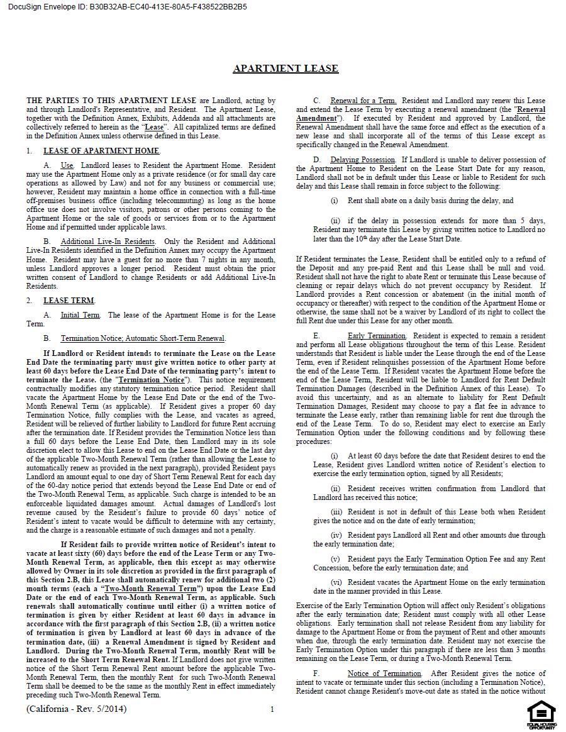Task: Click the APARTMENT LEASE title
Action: click(x=286, y=69)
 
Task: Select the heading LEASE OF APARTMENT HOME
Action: click(x=101, y=151)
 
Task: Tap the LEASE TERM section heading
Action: click(x=69, y=301)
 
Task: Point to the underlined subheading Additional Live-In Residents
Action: click(x=108, y=241)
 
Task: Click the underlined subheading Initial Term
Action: click(x=80, y=315)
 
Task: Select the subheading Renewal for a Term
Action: click(x=363, y=101)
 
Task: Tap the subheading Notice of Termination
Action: click(x=384, y=674)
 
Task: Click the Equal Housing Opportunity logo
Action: click(x=541, y=715)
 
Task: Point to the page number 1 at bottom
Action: click(x=272, y=709)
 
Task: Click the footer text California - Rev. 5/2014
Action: click(x=76, y=709)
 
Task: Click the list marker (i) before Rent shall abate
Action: click(x=335, y=201)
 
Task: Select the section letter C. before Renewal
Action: click(x=316, y=101)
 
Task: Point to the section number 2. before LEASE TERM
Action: click(x=30, y=301)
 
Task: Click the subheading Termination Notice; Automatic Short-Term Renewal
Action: click(x=143, y=338)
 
